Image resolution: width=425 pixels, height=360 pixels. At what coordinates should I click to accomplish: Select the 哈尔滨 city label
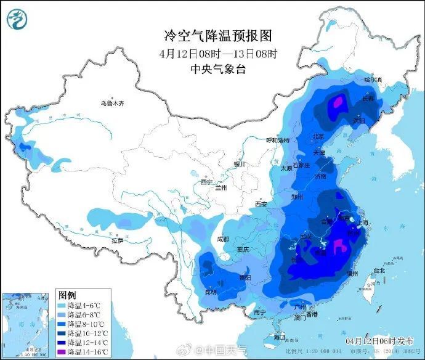pos(373,80)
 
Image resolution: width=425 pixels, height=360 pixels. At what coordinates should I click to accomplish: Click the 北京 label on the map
pos(318,137)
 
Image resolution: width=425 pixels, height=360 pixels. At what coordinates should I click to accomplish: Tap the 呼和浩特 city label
pos(277,141)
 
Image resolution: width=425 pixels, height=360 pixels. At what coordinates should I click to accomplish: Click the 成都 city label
pos(222,239)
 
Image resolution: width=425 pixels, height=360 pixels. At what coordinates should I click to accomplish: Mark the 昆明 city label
pos(211,291)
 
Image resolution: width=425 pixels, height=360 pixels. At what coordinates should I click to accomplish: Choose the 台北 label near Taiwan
pos(378,271)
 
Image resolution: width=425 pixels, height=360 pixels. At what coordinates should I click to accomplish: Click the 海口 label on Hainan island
pos(278,337)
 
